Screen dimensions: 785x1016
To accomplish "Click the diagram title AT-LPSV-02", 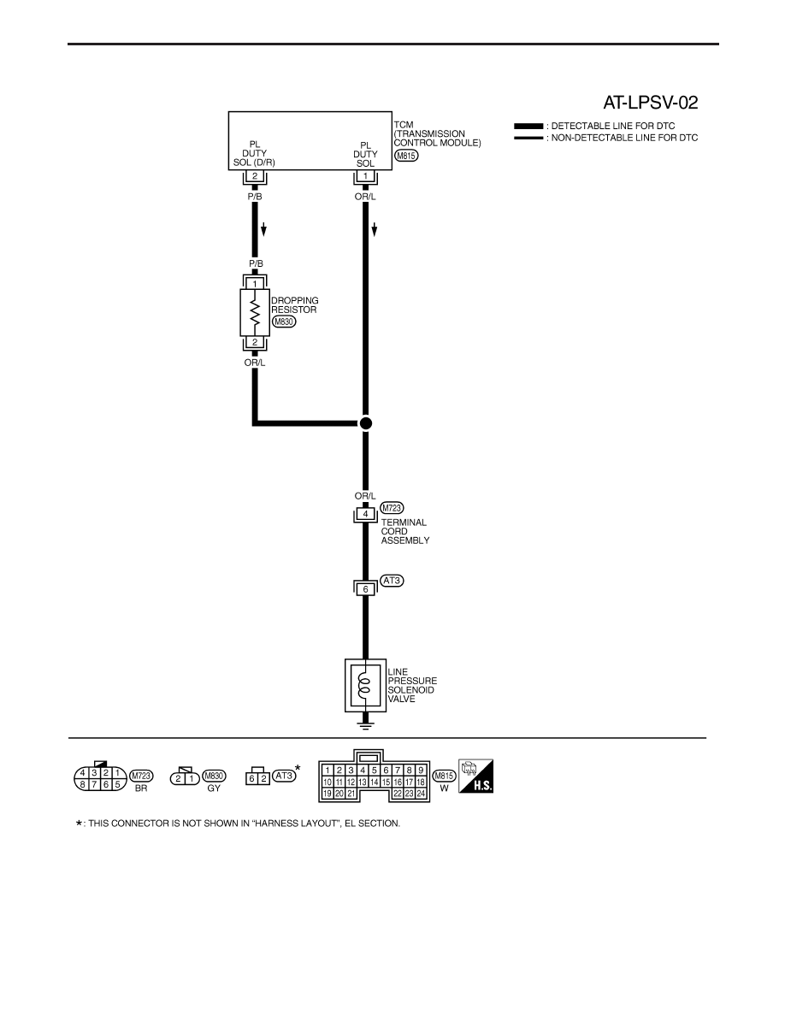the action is click(x=650, y=103).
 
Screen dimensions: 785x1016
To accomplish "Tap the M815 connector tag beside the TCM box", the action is click(x=406, y=156).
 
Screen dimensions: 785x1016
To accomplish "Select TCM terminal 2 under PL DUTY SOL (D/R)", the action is click(x=255, y=176).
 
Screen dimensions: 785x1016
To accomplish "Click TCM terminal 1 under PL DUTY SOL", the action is click(x=365, y=176).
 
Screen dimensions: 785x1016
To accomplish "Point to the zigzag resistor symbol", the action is click(x=255, y=312).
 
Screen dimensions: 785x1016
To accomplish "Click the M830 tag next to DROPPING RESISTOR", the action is click(x=284, y=322).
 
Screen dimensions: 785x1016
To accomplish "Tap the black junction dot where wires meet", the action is click(x=366, y=423).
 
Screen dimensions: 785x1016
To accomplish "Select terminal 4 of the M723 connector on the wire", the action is click(x=365, y=514).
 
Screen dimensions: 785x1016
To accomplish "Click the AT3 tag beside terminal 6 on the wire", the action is click(x=392, y=581).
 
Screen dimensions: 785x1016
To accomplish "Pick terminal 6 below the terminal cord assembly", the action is click(x=365, y=589).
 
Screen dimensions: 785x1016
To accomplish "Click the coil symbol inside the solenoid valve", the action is click(x=365, y=686).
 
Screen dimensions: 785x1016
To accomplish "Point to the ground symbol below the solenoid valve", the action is click(x=365, y=724).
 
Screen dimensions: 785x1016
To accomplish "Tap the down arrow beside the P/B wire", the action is click(x=263, y=229).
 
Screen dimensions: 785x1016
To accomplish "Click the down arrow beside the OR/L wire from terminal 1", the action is click(x=375, y=229).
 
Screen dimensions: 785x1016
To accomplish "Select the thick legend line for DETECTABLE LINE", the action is click(x=528, y=126).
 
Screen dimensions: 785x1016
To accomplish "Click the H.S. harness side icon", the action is click(x=475, y=776).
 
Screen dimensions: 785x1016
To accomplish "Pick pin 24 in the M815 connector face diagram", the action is click(x=421, y=794).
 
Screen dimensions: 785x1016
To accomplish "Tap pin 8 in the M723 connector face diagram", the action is click(x=83, y=784).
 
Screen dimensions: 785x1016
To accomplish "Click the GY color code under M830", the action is click(x=214, y=789).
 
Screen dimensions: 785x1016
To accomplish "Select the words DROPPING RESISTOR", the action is click(x=295, y=305).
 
